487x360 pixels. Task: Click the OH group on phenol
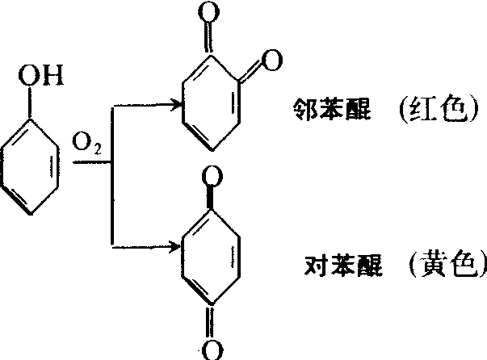click(40, 75)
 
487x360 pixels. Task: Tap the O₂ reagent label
click(86, 144)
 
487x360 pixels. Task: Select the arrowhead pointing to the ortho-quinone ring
click(176, 105)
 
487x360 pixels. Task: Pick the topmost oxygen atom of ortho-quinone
click(208, 12)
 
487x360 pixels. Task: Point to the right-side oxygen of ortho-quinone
click(272, 60)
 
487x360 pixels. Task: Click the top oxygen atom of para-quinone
click(212, 176)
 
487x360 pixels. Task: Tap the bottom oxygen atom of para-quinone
click(212, 350)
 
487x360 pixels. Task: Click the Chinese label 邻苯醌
click(332, 109)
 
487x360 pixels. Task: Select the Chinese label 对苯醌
click(343, 266)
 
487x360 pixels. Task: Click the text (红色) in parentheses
click(439, 109)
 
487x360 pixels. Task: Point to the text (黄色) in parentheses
click(448, 265)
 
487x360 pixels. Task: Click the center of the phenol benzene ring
click(30, 166)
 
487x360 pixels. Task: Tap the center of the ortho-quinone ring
click(212, 103)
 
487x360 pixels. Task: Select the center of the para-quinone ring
click(211, 256)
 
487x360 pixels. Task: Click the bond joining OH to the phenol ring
click(30, 102)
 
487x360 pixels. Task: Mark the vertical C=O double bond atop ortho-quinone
click(209, 38)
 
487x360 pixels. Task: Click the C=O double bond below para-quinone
click(212, 321)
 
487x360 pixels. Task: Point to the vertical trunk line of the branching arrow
click(112, 176)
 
